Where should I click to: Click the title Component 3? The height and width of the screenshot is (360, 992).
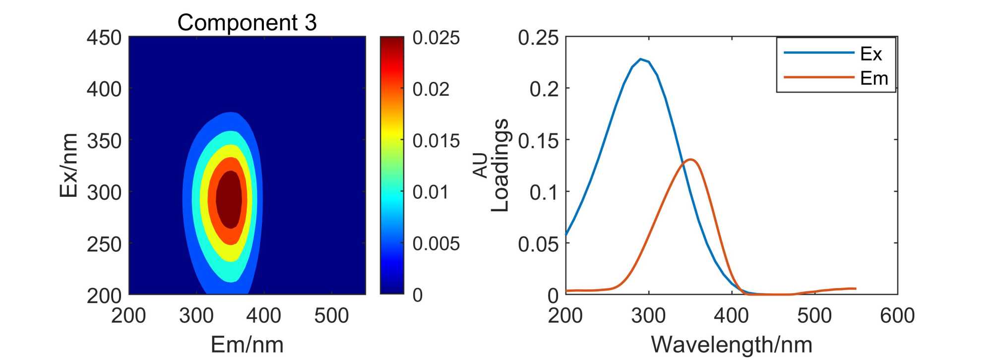pyautogui.click(x=247, y=22)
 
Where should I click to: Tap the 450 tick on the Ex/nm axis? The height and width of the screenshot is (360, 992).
pyautogui.click(x=104, y=38)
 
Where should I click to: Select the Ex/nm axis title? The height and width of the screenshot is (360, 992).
pyautogui.click(x=68, y=165)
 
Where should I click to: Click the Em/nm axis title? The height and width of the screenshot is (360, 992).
pyautogui.click(x=247, y=344)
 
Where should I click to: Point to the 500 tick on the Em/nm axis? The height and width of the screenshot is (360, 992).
pyautogui.click(x=331, y=315)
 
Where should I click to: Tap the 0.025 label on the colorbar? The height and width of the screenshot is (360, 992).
pyautogui.click(x=436, y=38)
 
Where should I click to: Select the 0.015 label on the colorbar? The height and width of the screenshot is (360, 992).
pyautogui.click(x=436, y=141)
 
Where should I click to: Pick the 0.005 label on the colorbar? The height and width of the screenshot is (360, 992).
pyautogui.click(x=436, y=243)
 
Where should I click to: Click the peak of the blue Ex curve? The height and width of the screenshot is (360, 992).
pyautogui.click(x=641, y=59)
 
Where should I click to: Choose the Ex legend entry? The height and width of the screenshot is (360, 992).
pyautogui.click(x=870, y=54)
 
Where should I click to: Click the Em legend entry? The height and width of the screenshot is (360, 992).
pyautogui.click(x=873, y=78)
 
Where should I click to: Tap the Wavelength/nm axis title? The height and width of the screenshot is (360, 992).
pyautogui.click(x=732, y=344)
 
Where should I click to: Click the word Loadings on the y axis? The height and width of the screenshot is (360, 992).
pyautogui.click(x=500, y=165)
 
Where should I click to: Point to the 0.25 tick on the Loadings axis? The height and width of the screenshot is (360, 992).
pyautogui.click(x=538, y=38)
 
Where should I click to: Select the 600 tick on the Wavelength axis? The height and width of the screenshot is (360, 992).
pyautogui.click(x=897, y=315)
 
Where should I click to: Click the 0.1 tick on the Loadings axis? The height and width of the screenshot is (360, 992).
pyautogui.click(x=544, y=192)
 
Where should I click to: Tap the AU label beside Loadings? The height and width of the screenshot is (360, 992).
pyautogui.click(x=481, y=165)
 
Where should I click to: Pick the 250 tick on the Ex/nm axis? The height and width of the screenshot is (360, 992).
pyautogui.click(x=104, y=244)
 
